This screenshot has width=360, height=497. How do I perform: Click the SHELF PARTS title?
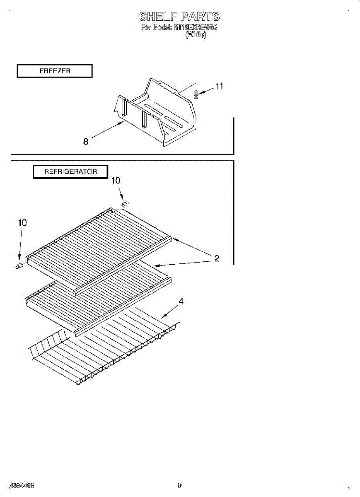pyautogui.click(x=179, y=17)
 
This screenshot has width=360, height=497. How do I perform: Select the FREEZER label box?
pyautogui.click(x=54, y=71)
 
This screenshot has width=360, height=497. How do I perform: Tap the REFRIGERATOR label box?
pyautogui.click(x=70, y=171)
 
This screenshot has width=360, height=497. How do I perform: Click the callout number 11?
pyautogui.click(x=219, y=86)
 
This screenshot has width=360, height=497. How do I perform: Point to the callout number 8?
pyautogui.click(x=86, y=142)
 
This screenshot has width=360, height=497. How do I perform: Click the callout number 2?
pyautogui.click(x=216, y=258)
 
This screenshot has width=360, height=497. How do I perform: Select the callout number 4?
pyautogui.click(x=181, y=302)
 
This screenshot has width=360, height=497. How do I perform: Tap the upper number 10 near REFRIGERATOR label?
pyautogui.click(x=116, y=181)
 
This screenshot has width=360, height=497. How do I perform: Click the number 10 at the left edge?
pyautogui.click(x=22, y=223)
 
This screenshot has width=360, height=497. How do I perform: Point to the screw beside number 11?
pyautogui.click(x=196, y=95)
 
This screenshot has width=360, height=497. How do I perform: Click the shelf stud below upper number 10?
pyautogui.click(x=125, y=203)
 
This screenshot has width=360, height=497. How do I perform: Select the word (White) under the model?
pyautogui.click(x=196, y=35)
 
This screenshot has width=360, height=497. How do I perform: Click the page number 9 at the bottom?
pyautogui.click(x=179, y=485)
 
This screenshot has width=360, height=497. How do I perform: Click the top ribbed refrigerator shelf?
pyautogui.click(x=99, y=248)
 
